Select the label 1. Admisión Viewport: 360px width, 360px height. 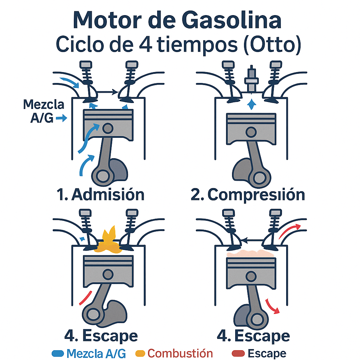pyautogui.click(x=101, y=194)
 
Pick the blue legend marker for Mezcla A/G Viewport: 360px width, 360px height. pyautogui.click(x=58, y=353)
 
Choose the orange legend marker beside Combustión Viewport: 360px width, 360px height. pyautogui.click(x=141, y=353)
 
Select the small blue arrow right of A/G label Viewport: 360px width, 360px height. pyautogui.click(x=62, y=119)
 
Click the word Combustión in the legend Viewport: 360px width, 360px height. pyautogui.click(x=180, y=353)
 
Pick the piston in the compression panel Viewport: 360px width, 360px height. pyautogui.click(x=251, y=128)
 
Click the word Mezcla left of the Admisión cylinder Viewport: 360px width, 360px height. pyautogui.click(x=44, y=104)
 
